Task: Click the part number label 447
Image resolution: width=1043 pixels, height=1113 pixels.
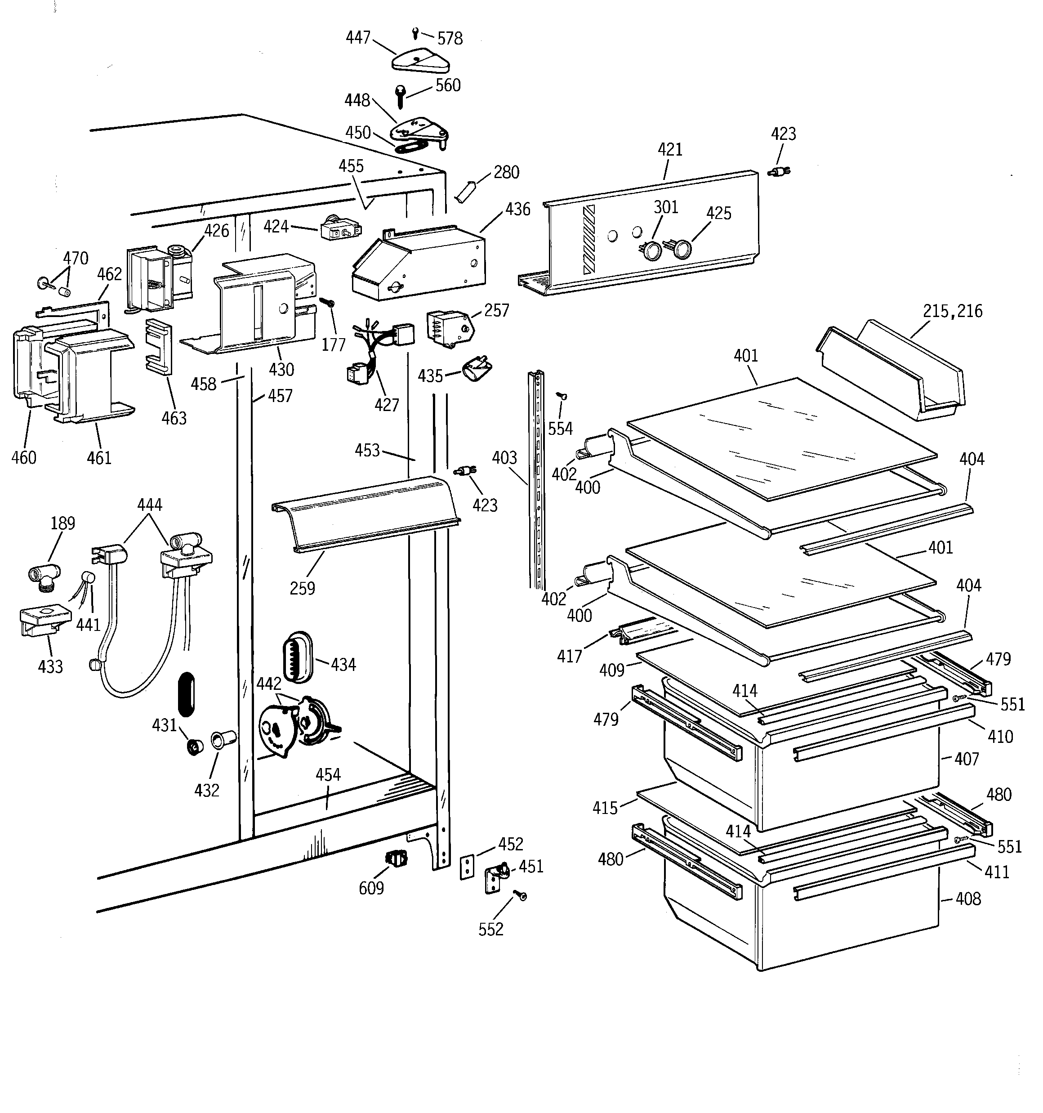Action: tap(358, 37)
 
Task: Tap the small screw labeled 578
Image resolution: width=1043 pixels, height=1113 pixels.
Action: tap(415, 34)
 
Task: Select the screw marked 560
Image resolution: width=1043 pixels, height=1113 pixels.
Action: tap(400, 96)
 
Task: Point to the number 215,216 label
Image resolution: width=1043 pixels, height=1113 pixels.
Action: tap(952, 311)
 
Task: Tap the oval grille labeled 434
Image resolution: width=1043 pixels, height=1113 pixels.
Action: tap(298, 657)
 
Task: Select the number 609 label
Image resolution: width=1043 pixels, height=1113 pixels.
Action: tap(371, 889)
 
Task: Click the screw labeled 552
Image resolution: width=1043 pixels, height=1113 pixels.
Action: tap(522, 896)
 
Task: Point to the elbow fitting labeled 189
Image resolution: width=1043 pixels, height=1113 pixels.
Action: tap(44, 576)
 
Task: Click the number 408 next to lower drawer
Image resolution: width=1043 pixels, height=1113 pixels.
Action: tap(968, 899)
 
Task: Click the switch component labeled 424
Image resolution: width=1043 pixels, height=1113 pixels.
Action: tap(340, 229)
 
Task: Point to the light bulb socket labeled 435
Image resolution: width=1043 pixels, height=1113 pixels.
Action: tap(477, 370)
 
